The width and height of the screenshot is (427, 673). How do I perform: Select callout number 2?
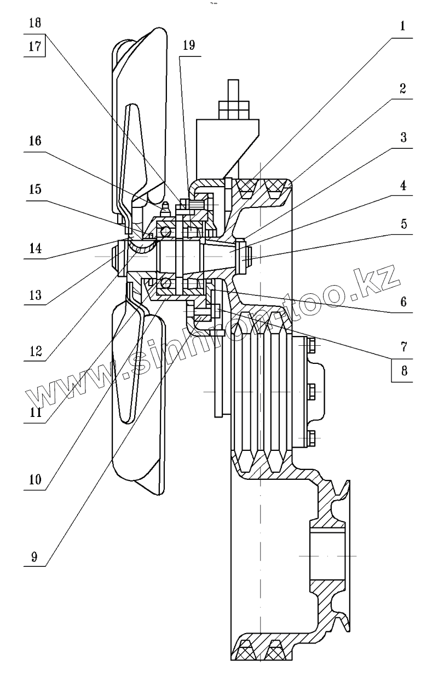[402, 90]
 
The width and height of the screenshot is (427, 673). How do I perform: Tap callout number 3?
[402, 137]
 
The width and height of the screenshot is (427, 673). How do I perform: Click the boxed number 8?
[402, 370]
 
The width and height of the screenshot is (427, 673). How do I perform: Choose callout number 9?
[34, 558]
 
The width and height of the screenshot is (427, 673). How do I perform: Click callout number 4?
[402, 185]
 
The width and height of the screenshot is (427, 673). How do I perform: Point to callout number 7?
[402, 346]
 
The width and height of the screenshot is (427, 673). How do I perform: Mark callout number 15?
[34, 189]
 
